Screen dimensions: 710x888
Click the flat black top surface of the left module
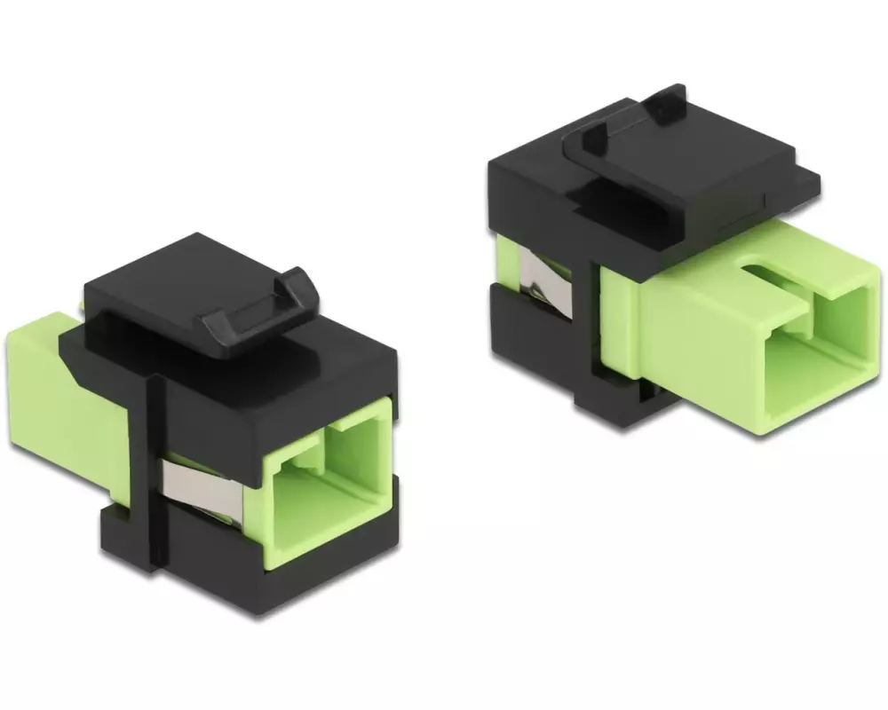(178, 275)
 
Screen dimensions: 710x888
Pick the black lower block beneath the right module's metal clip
(533, 346)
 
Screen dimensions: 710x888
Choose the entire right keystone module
(684, 266)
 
